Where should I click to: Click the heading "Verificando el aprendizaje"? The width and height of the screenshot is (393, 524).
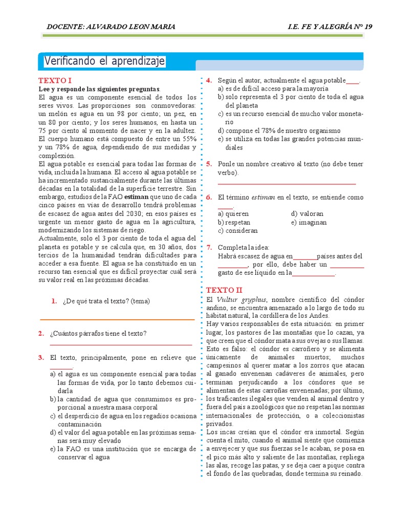pyautogui.click(x=104, y=62)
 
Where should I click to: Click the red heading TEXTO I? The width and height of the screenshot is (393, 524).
pyautogui.click(x=55, y=81)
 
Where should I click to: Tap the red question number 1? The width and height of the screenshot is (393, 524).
pyautogui.click(x=54, y=301)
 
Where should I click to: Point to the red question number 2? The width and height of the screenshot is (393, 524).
pyautogui.click(x=41, y=334)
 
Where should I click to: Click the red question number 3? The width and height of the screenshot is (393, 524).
pyautogui.click(x=41, y=358)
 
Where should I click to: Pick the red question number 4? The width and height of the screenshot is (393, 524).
pyautogui.click(x=209, y=81)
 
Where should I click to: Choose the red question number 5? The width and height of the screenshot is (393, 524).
pyautogui.click(x=209, y=164)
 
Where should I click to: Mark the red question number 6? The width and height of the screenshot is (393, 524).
pyautogui.click(x=209, y=197)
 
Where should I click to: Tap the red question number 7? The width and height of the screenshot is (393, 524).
pyautogui.click(x=209, y=247)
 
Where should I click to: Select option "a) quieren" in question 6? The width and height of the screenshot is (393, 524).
pyautogui.click(x=233, y=214)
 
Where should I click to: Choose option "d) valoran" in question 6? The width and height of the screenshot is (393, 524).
pyautogui.click(x=307, y=214)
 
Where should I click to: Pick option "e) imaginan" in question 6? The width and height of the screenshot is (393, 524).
pyautogui.click(x=309, y=223)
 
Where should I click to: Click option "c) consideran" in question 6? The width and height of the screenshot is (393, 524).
pyautogui.click(x=236, y=231)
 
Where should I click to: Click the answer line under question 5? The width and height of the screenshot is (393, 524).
pyautogui.click(x=287, y=183)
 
